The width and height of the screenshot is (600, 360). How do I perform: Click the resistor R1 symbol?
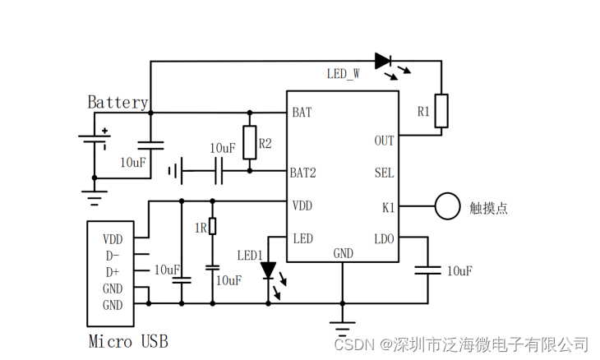click(442, 111)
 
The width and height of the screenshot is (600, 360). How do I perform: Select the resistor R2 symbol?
click(249, 141)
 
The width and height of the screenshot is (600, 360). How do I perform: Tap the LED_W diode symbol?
click(383, 60)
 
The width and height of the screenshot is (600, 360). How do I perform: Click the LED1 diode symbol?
click(268, 270)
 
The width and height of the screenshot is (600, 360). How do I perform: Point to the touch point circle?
click(447, 206)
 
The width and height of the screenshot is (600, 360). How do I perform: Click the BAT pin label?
click(302, 112)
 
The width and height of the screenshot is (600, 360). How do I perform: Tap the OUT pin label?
click(384, 141)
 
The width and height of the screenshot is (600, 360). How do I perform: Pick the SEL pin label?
click(384, 173)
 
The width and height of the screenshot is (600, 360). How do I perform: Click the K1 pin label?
click(388, 207)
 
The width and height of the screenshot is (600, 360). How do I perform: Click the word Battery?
click(118, 103)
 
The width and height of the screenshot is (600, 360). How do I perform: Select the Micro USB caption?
click(127, 340)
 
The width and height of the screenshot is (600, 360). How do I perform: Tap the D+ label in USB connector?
click(112, 271)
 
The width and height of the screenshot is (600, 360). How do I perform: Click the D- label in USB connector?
click(112, 255)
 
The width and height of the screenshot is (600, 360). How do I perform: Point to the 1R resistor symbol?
click(213, 227)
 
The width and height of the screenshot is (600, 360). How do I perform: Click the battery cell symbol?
click(94, 140)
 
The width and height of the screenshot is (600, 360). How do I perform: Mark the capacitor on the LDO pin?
click(427, 270)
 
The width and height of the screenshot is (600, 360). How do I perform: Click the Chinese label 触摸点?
click(488, 208)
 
